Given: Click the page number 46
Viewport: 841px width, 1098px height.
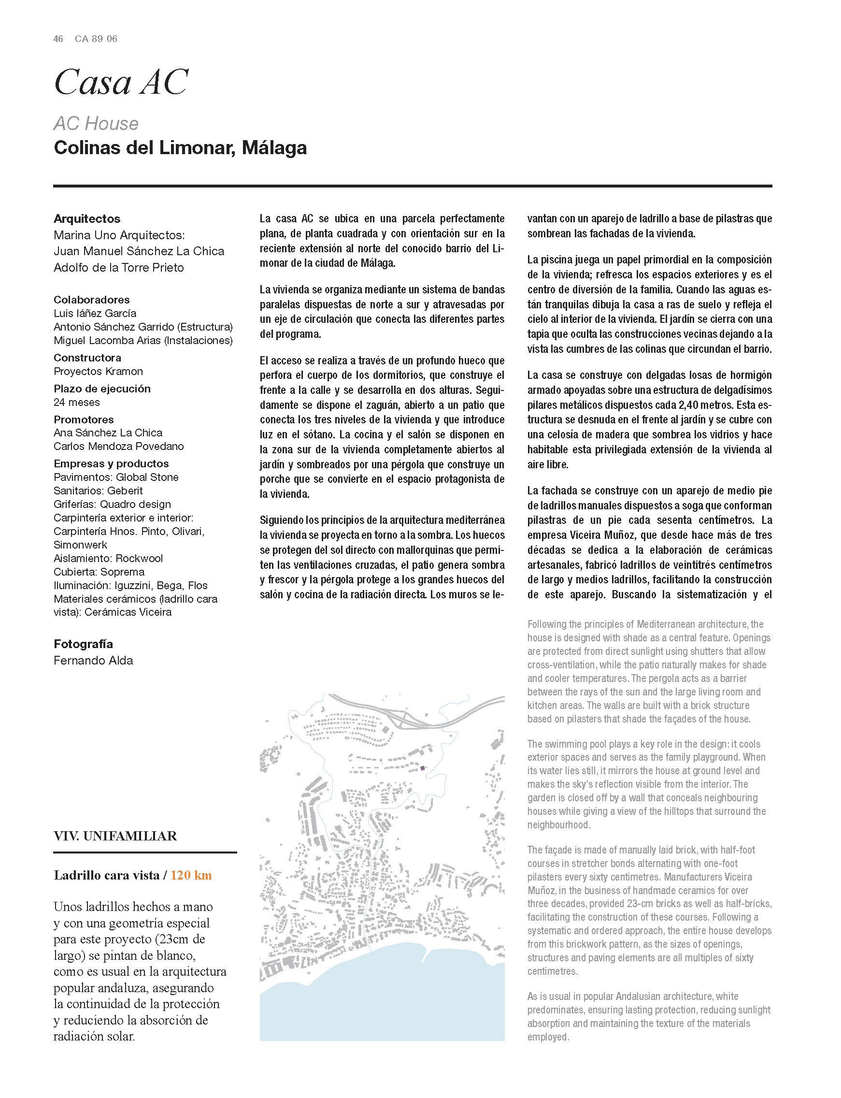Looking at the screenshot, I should [58, 39].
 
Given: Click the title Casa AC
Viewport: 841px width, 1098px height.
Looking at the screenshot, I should [120, 83].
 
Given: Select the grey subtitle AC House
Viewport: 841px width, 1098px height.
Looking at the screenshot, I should [96, 123].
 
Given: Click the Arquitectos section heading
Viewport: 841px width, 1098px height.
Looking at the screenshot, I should [87, 219].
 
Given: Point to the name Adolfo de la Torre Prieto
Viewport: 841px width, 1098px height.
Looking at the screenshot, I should [119, 267].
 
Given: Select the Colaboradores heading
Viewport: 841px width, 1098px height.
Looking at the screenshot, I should [92, 300].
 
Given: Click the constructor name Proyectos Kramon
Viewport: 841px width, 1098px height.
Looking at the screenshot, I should [98, 372].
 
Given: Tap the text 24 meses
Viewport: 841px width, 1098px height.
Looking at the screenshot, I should [77, 402].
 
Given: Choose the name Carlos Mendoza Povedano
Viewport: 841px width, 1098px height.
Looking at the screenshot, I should [119, 446].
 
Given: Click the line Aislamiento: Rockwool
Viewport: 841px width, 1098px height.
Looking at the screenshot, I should [108, 558].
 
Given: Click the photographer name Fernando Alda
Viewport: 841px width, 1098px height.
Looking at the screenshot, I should [93, 661].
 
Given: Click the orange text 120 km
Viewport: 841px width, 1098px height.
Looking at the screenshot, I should [191, 875].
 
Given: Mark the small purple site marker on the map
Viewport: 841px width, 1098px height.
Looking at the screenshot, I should [422, 768].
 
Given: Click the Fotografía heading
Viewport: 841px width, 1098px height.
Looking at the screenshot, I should [83, 644].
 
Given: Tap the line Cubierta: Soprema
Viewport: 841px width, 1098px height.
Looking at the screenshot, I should [99, 572].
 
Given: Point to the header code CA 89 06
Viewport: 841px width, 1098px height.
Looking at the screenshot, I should [96, 39].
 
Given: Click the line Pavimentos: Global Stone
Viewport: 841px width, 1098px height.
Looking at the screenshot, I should [116, 477].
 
